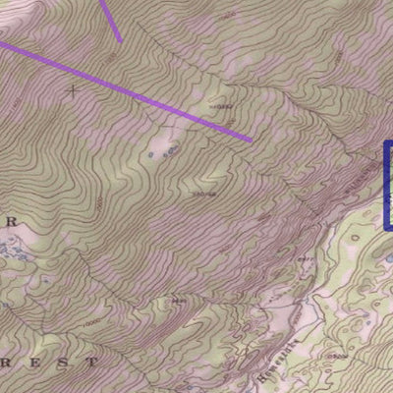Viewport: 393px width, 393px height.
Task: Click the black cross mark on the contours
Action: point(73,90)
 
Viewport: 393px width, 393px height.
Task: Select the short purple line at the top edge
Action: point(111,20)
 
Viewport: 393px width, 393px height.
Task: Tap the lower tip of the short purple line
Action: point(121,42)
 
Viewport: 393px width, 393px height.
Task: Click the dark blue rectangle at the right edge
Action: point(387,186)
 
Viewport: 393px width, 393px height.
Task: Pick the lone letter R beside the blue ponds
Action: point(12,223)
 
